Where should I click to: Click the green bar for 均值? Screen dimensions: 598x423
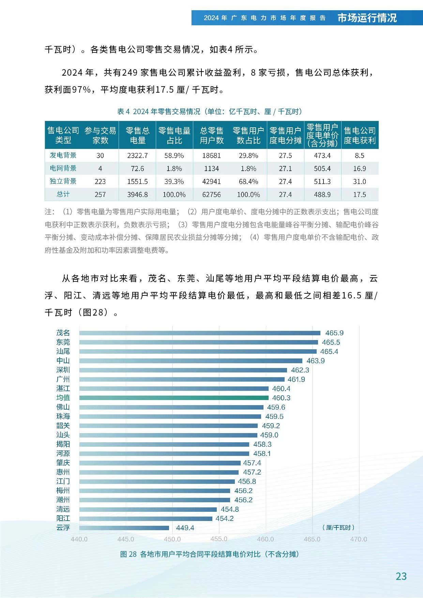click(x=174, y=398)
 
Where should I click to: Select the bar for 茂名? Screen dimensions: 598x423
click(x=200, y=333)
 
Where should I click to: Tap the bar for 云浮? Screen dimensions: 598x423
click(x=124, y=528)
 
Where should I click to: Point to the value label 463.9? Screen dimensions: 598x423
click(x=315, y=361)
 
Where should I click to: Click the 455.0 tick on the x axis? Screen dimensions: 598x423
click(x=219, y=539)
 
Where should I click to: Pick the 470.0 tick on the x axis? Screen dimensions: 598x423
click(x=359, y=539)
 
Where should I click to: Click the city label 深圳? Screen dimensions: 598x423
click(x=63, y=370)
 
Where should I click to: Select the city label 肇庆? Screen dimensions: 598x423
click(x=63, y=463)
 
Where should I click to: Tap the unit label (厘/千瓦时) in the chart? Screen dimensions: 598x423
click(x=338, y=527)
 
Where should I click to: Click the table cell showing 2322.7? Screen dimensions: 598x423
click(x=137, y=156)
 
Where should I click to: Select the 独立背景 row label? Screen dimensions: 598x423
click(x=63, y=181)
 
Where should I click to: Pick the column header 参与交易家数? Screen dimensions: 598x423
click(x=100, y=135)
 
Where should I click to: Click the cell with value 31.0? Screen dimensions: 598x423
click(x=360, y=182)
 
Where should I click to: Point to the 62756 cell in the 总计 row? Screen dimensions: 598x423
click(x=211, y=195)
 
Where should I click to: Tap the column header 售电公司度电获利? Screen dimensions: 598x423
click(x=360, y=135)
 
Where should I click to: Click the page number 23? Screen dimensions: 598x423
click(x=401, y=576)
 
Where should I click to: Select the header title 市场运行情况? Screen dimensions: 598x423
click(x=367, y=18)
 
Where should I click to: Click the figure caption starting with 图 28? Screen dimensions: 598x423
click(x=209, y=554)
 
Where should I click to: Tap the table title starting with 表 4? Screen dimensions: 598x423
click(x=209, y=111)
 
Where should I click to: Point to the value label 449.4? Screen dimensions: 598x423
click(x=185, y=528)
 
